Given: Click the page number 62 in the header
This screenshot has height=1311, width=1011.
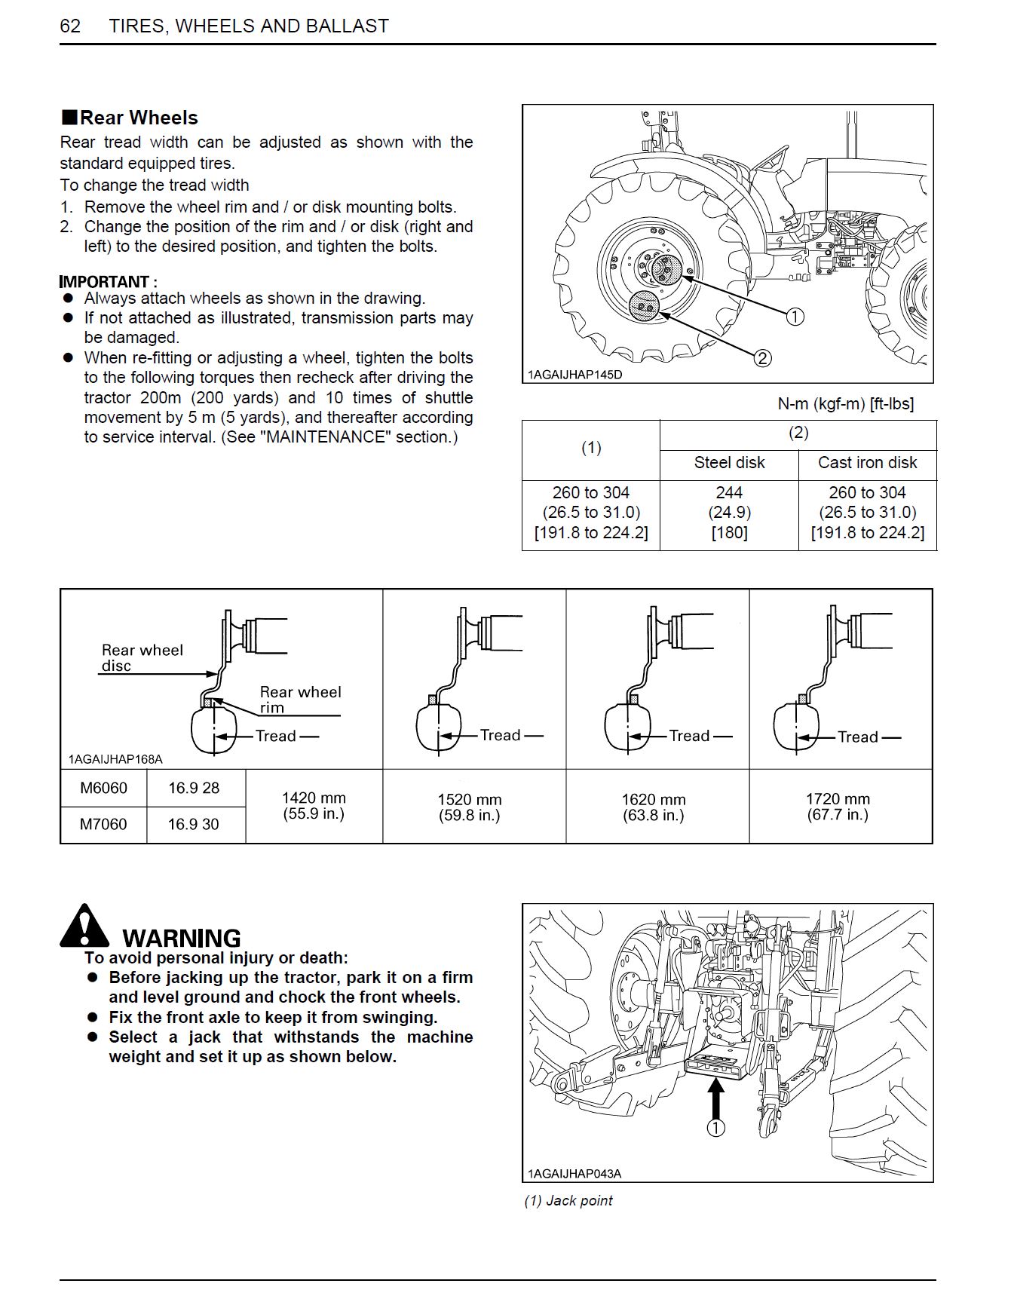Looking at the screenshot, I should pyautogui.click(x=70, y=26).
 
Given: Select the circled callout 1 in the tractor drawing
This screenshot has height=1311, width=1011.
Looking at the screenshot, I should pyautogui.click(x=795, y=317).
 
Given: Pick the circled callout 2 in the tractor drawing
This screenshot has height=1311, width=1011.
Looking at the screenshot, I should pyautogui.click(x=762, y=358).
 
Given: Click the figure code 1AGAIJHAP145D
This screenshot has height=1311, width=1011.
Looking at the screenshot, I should pyautogui.click(x=574, y=375).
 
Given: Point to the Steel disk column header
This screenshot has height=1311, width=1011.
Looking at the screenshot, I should pyautogui.click(x=729, y=463).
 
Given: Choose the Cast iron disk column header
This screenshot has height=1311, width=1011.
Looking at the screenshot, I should pyautogui.click(x=867, y=463).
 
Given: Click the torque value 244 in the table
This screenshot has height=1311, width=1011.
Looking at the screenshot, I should pyautogui.click(x=729, y=493).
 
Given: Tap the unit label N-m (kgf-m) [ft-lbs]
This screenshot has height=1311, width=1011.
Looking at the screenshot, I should pyautogui.click(x=845, y=404).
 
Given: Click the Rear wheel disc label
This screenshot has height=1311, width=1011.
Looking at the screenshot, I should pyautogui.click(x=142, y=657).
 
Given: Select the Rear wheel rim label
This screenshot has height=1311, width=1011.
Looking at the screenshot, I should pyautogui.click(x=300, y=700).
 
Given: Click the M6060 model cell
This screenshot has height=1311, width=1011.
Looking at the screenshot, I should pyautogui.click(x=103, y=789).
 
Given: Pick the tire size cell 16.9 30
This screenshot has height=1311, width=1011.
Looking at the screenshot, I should pyautogui.click(x=194, y=825).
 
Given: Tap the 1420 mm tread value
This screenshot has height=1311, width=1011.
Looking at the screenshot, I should pyautogui.click(x=314, y=798).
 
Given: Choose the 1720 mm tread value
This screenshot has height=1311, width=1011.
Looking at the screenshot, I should pyautogui.click(x=838, y=799).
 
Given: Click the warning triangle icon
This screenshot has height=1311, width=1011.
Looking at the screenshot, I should pyautogui.click(x=84, y=927).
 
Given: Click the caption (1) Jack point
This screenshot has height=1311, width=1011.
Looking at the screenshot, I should pyautogui.click(x=568, y=1201).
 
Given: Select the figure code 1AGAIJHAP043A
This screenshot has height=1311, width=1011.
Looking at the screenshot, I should pyautogui.click(x=574, y=1174).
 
